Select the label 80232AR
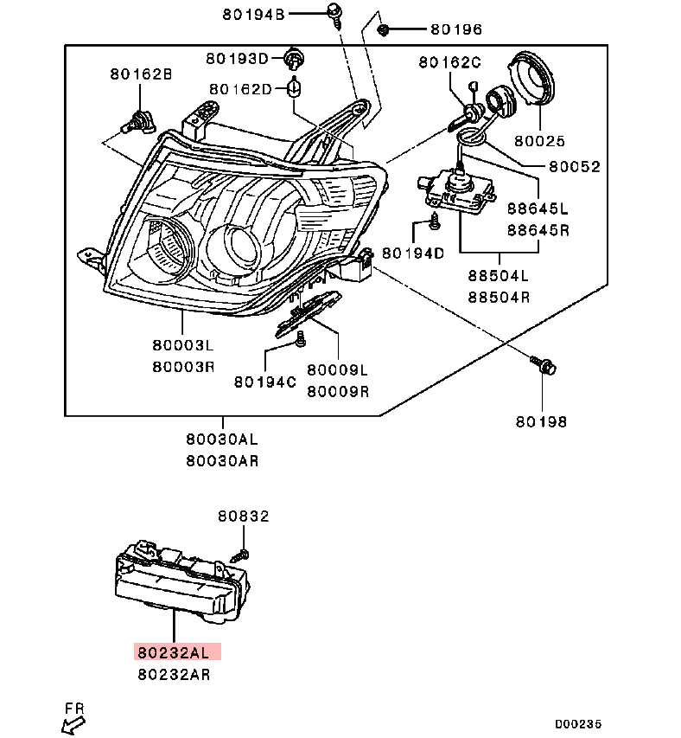[x=174, y=675]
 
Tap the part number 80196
[x=456, y=29]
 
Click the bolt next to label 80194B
[x=335, y=14]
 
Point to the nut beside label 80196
[x=383, y=30]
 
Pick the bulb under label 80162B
[x=137, y=121]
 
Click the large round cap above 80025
[x=532, y=78]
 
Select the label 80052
[x=575, y=167]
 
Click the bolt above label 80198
[x=544, y=365]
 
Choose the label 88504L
[x=498, y=276]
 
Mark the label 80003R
[x=183, y=367]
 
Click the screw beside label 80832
[x=240, y=555]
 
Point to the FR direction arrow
[x=73, y=724]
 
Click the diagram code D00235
[x=578, y=724]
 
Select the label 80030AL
[x=222, y=440]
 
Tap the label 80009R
[x=338, y=392]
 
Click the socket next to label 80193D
[x=294, y=59]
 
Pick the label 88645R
[x=538, y=230]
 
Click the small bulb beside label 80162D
[x=295, y=88]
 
